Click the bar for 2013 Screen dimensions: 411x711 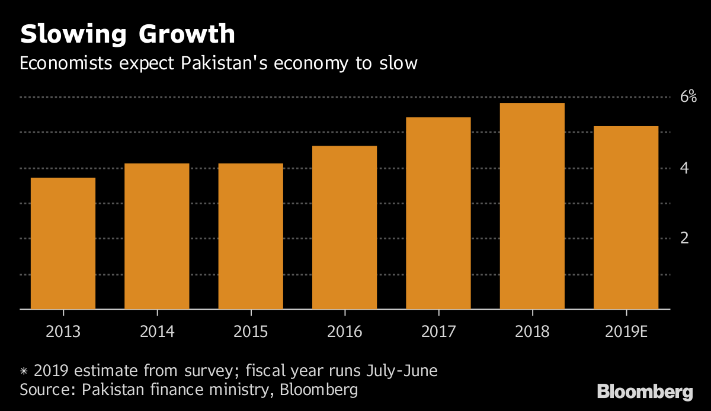[63, 243]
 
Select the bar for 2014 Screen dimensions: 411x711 [156, 236]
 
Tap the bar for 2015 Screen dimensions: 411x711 [251, 236]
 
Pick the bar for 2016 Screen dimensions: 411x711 [344, 227]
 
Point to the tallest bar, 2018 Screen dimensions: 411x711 [532, 206]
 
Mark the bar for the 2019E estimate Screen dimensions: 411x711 [626, 217]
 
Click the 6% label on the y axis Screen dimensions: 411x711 [688, 97]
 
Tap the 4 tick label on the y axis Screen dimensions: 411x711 [684, 168]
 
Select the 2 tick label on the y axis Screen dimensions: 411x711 [684, 239]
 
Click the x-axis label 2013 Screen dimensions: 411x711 [63, 330]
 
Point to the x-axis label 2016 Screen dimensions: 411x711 [344, 330]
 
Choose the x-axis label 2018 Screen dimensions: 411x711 [532, 330]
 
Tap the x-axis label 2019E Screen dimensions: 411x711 [626, 330]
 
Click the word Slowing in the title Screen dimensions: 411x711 [72, 35]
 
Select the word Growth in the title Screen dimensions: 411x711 [187, 35]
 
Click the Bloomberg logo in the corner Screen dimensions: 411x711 [645, 391]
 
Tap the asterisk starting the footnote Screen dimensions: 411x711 [24, 372]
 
